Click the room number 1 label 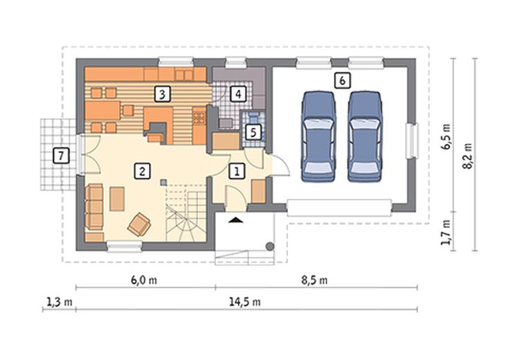tap(237, 171)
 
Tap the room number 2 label tap(142, 171)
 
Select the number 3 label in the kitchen tap(162, 94)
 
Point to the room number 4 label tap(238, 94)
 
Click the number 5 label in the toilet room tap(253, 132)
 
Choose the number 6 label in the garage tap(343, 80)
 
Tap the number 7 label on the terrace tap(62, 156)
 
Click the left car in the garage tap(319, 136)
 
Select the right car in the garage tap(365, 136)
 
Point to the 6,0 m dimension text tap(144, 280)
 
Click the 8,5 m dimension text tap(314, 280)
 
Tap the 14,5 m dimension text tap(245, 302)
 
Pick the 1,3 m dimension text tap(60, 302)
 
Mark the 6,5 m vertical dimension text tap(447, 136)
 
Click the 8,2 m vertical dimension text tap(468, 156)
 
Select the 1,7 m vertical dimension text tap(446, 233)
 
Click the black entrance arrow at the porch tap(235, 220)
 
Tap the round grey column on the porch tap(269, 246)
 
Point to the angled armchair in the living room tap(139, 224)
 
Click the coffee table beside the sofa tap(117, 199)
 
